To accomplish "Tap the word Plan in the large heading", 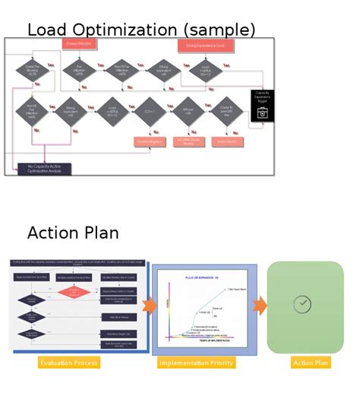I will pos(103,233).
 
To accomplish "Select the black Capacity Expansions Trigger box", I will pos(262,106).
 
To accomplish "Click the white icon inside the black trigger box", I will pos(262,113).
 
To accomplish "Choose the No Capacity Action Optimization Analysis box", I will pos(45,169).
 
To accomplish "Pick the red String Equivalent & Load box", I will pos(205,46).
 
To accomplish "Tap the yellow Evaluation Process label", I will pos(68,363).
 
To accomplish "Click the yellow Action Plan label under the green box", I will pos(311,363).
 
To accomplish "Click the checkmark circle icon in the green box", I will pos(302,304).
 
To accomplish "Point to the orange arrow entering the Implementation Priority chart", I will pos(149,306).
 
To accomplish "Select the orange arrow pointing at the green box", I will pos(260,306).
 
